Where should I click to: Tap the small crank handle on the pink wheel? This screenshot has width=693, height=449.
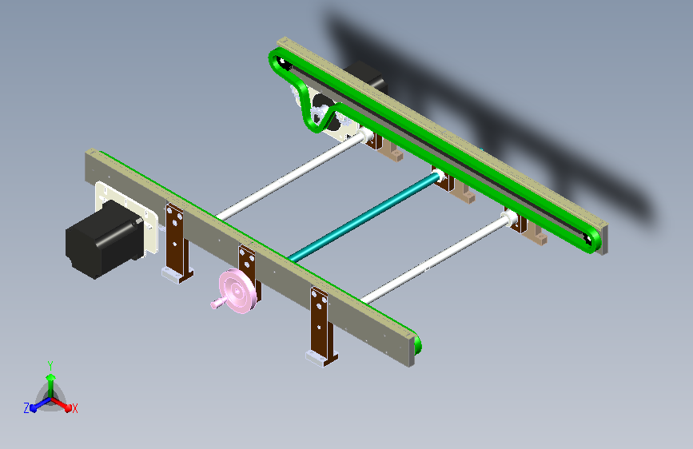click(x=217, y=304)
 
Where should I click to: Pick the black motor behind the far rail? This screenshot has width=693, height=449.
click(x=368, y=76)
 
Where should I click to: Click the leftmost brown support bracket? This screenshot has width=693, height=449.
click(x=176, y=240)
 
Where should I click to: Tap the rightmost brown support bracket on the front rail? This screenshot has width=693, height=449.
click(x=321, y=320)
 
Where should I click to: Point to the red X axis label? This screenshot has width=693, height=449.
click(x=74, y=409)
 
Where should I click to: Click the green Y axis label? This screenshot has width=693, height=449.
click(x=50, y=364)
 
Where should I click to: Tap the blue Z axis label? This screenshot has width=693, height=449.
click(x=26, y=408)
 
